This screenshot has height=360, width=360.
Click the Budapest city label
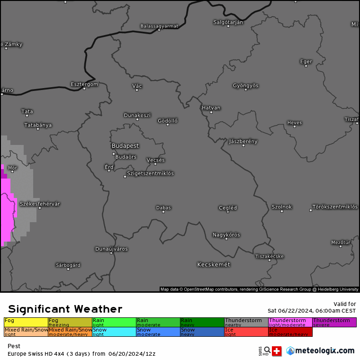125,146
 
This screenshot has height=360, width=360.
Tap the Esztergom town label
84,84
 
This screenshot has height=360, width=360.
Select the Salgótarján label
228,22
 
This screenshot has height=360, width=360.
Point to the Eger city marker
306,66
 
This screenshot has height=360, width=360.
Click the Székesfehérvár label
40,204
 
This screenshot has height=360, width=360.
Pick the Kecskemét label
214,264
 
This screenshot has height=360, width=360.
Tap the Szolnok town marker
281,211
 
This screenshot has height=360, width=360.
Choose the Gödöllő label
168,121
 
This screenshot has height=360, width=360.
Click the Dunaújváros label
111,249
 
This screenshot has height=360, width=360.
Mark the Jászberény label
243,141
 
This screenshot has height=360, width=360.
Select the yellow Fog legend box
26,322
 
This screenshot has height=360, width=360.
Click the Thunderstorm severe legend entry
334,322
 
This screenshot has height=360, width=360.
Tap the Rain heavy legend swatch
202,322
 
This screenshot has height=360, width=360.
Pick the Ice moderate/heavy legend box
290,332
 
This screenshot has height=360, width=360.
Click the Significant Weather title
65,309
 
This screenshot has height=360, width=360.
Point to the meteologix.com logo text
324,351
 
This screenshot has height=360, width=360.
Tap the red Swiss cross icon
277,351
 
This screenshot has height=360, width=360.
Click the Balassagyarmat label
159,26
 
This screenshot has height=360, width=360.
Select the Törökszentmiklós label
335,207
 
